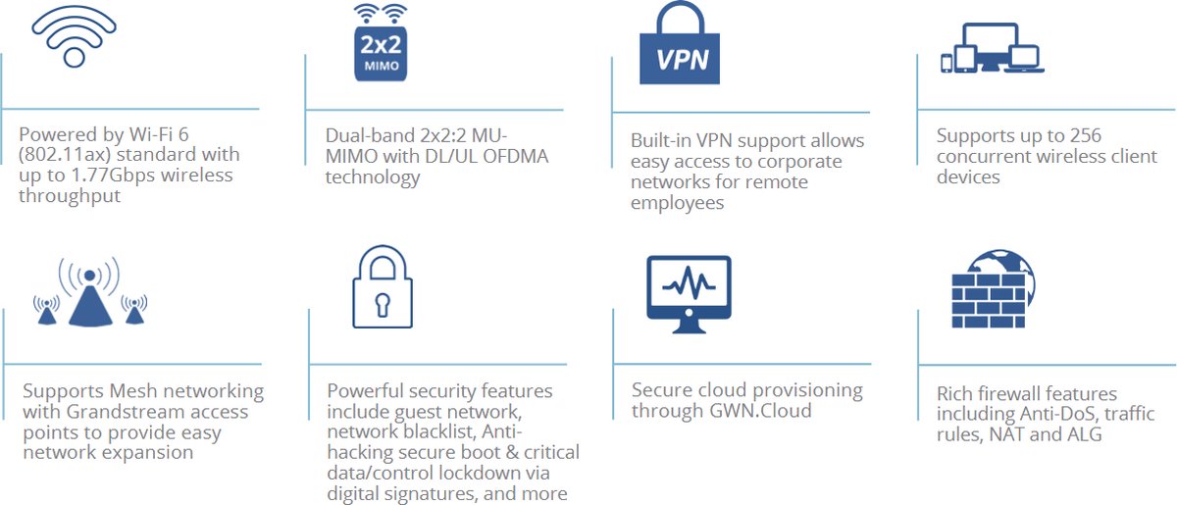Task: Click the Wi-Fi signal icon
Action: tap(75, 36)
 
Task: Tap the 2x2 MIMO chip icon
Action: tap(380, 44)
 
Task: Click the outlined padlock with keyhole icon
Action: tap(384, 287)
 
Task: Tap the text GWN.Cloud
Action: tap(762, 411)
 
